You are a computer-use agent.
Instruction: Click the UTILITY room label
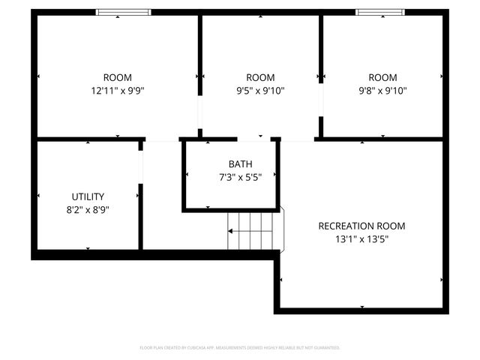(x=88, y=196)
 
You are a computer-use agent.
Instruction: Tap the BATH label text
(x=240, y=164)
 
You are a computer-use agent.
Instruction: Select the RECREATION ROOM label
(x=361, y=226)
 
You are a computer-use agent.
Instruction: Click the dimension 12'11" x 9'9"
(x=117, y=91)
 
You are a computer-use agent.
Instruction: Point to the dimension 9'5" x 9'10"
(x=260, y=91)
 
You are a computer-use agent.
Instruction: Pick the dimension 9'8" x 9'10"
(x=382, y=91)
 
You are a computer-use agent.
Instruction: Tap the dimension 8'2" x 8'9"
(x=88, y=210)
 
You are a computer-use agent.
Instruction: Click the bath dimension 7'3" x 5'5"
(x=240, y=178)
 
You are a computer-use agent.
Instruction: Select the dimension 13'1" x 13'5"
(x=361, y=239)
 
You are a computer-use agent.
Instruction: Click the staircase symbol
(x=255, y=232)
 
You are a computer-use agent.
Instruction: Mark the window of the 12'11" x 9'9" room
(x=124, y=12)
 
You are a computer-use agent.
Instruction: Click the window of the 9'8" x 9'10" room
(x=379, y=12)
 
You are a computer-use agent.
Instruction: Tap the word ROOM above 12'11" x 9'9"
(x=117, y=77)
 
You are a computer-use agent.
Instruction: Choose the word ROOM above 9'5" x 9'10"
(x=260, y=77)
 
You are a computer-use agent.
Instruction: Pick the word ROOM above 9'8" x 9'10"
(x=382, y=77)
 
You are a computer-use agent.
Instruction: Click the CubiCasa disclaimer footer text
(x=240, y=348)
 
